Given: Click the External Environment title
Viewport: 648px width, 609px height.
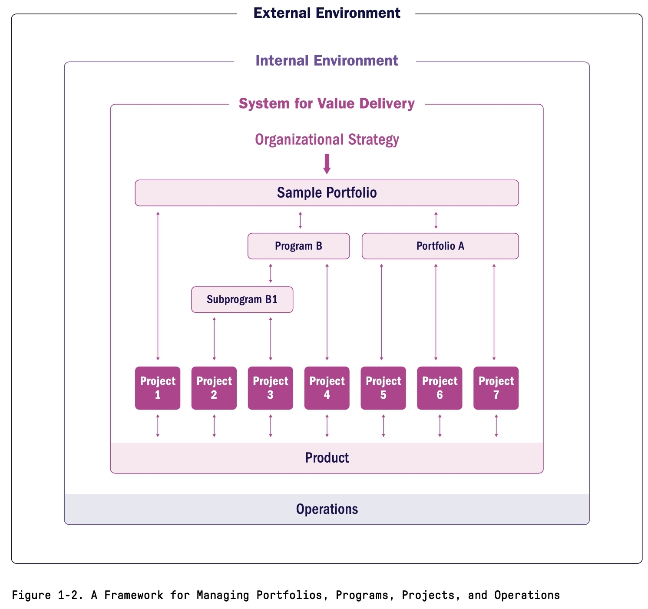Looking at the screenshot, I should [x=327, y=13].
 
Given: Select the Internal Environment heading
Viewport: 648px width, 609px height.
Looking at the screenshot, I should [x=327, y=60].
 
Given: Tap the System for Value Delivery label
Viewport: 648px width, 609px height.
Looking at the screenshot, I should [x=327, y=103].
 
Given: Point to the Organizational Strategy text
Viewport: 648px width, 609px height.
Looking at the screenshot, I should [x=327, y=139].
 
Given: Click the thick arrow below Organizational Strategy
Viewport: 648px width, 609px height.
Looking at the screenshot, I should [x=327, y=164].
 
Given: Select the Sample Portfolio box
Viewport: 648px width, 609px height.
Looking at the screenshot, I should [x=327, y=192].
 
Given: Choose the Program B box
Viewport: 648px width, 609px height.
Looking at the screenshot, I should [x=298, y=246].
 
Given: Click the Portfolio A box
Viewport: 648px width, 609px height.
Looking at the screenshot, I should [x=440, y=246].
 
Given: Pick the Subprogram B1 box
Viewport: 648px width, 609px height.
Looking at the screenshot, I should [x=242, y=299].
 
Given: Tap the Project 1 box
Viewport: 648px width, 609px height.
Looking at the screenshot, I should [x=158, y=388].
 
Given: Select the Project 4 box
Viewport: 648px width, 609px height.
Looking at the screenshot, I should [x=327, y=388].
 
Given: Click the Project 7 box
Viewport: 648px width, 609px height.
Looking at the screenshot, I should [x=496, y=388].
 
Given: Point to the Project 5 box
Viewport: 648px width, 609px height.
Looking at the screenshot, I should [x=383, y=388].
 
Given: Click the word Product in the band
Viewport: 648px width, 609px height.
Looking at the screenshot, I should [x=327, y=458].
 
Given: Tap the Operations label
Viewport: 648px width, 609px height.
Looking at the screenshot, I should [x=327, y=509].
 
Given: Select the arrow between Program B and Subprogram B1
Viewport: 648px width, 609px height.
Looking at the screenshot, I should [x=271, y=273].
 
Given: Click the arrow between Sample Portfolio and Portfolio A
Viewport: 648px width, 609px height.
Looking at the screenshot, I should [x=436, y=220].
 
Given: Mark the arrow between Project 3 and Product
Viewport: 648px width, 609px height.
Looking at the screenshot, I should [x=271, y=426].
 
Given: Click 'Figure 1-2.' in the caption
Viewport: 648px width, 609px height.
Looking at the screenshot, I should [x=47, y=595].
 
